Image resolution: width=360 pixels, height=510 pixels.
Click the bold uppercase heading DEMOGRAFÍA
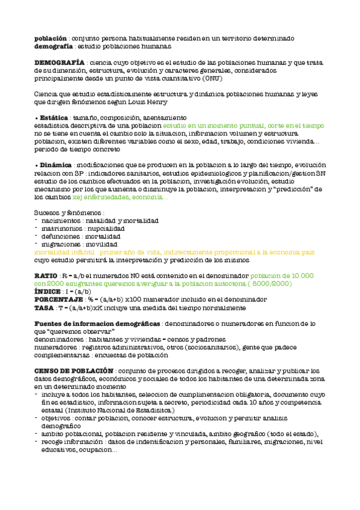click(59, 63)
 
